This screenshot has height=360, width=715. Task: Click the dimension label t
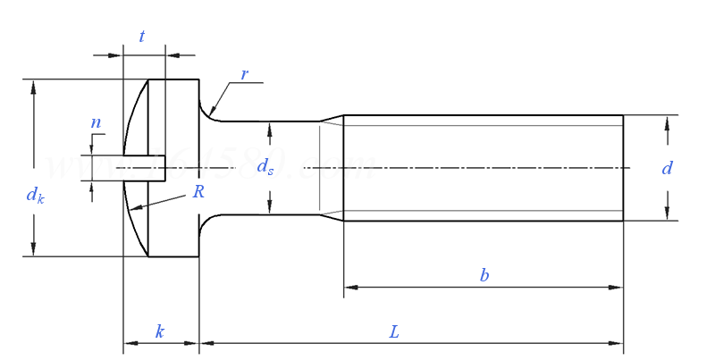142,37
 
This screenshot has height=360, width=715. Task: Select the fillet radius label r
244,74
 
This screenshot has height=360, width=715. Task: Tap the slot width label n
96,122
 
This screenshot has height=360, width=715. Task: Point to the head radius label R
198,191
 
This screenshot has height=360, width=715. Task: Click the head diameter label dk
35,195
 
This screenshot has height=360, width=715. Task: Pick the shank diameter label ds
265,166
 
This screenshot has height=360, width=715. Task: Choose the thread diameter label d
667,168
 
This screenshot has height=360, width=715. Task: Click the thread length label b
484,275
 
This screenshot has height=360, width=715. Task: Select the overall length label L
394,331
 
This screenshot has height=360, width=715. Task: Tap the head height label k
160,331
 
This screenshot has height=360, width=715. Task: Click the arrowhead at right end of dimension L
617,343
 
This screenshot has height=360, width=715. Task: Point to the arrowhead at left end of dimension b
350,288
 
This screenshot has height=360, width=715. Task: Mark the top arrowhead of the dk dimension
34,86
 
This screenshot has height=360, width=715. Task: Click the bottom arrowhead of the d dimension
667,213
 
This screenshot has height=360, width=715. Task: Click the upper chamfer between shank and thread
332,118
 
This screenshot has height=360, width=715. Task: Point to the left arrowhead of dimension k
130,343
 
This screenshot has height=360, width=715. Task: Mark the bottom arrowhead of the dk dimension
34,250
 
